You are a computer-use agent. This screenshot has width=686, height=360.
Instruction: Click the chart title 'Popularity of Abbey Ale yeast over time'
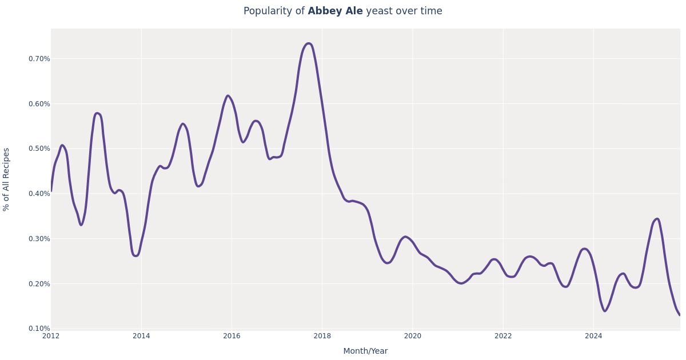point(342,11)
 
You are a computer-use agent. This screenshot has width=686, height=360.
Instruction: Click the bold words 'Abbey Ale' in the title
point(335,11)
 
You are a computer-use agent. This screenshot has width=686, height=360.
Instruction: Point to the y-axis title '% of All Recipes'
point(7,179)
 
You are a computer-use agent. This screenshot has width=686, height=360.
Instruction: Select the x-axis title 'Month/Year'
point(365,351)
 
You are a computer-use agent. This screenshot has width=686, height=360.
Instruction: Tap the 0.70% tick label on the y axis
point(39,59)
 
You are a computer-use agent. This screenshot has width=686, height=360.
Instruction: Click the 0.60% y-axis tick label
point(39,104)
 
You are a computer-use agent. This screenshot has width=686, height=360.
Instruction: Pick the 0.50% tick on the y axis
point(39,149)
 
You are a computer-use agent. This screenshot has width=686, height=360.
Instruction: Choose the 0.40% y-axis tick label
point(39,194)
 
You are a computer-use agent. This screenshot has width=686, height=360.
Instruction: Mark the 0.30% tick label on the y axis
point(39,239)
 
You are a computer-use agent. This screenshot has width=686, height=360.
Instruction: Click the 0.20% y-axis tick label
point(39,284)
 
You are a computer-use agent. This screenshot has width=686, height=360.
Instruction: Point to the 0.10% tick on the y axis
point(39,329)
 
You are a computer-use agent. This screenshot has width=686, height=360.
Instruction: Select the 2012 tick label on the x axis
point(51,336)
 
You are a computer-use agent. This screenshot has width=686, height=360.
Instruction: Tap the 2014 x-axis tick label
point(141,336)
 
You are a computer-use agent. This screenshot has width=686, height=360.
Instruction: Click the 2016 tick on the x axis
point(232,336)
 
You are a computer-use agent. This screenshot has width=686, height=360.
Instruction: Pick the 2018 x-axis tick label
point(322,336)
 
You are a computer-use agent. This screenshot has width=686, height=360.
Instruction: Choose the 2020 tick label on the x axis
point(413,336)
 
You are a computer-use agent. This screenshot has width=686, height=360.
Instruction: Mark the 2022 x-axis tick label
point(503,336)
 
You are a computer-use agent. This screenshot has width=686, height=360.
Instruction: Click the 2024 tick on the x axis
point(593,336)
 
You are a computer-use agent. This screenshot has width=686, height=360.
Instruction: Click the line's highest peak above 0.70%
point(309,43)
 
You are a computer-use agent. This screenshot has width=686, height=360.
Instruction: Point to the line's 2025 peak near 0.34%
point(657,219)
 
